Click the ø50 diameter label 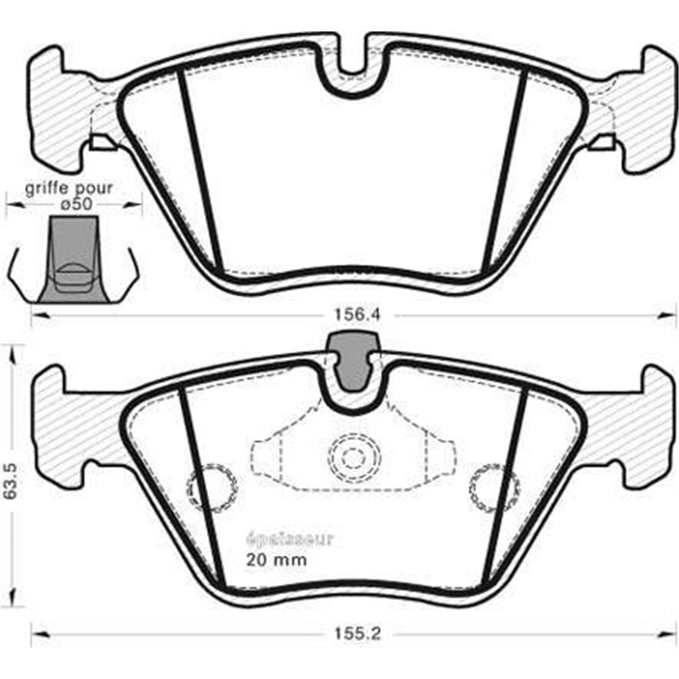[x=75, y=204]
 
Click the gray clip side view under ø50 [x=73, y=259]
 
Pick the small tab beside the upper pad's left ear [x=101, y=143]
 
